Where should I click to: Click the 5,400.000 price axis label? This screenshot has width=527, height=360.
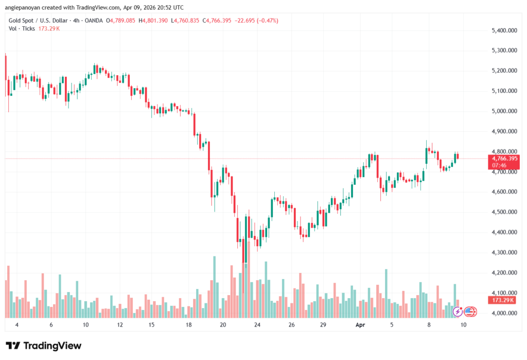504,31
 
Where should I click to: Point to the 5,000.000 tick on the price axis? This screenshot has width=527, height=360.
504,111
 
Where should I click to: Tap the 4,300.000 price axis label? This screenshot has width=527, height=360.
504,252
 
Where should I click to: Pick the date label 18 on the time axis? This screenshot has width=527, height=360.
189,325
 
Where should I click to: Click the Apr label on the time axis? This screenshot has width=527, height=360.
360,325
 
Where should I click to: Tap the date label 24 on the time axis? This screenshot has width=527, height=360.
257,325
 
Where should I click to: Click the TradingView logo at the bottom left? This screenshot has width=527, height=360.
44,346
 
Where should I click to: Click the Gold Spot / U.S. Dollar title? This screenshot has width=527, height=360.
37,21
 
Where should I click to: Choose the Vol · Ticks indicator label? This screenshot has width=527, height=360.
22,28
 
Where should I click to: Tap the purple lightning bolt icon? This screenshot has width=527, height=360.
457,312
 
